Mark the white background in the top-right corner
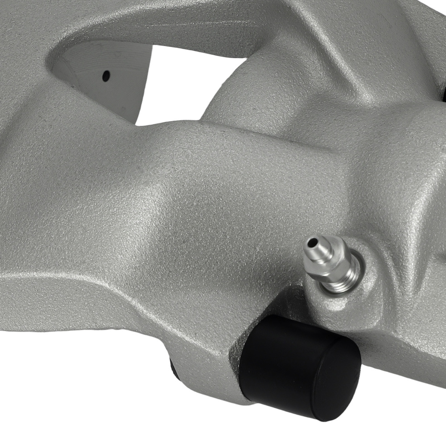point(428,18)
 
